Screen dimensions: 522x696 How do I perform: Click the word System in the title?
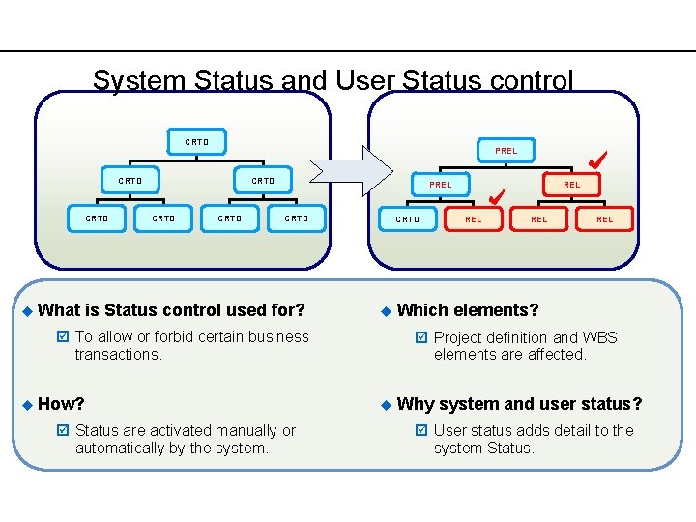pyautogui.click(x=139, y=79)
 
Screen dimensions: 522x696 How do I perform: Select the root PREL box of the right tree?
pyautogui.click(x=506, y=151)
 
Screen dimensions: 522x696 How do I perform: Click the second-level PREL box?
pyautogui.click(x=440, y=185)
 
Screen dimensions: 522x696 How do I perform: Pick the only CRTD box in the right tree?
pyautogui.click(x=408, y=219)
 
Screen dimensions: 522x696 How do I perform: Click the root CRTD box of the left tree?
pyautogui.click(x=196, y=142)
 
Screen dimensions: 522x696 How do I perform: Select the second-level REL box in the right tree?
pyautogui.click(x=571, y=185)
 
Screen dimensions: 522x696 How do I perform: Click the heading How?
pyautogui.click(x=62, y=404)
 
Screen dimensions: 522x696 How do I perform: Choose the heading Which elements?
pyautogui.click(x=468, y=310)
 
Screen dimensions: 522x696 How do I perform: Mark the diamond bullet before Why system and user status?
pyautogui.click(x=384, y=404)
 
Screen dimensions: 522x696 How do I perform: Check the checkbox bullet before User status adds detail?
pyautogui.click(x=420, y=431)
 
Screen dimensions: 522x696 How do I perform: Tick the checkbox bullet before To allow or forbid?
pyautogui.click(x=63, y=337)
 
